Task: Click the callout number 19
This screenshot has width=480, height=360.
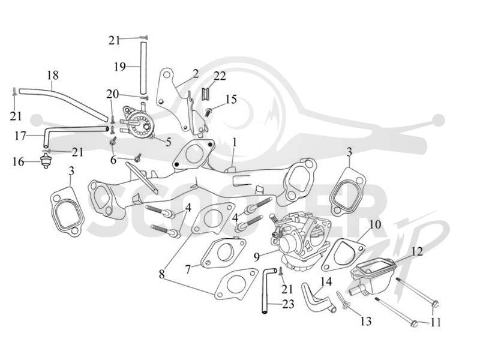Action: [x=120, y=67]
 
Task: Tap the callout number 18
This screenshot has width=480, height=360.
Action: [x=53, y=76]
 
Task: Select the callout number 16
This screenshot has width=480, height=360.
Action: [x=19, y=161]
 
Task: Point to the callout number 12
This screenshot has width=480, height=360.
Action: [x=417, y=251]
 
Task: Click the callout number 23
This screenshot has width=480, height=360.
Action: [x=288, y=304]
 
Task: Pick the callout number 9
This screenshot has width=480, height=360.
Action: [x=257, y=257]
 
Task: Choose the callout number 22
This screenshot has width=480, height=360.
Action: [x=220, y=76]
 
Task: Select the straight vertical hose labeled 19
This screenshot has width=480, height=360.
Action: [x=143, y=68]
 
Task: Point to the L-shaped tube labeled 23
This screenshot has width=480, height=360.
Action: [x=265, y=291]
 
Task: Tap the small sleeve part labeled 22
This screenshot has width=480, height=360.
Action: [x=205, y=94]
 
